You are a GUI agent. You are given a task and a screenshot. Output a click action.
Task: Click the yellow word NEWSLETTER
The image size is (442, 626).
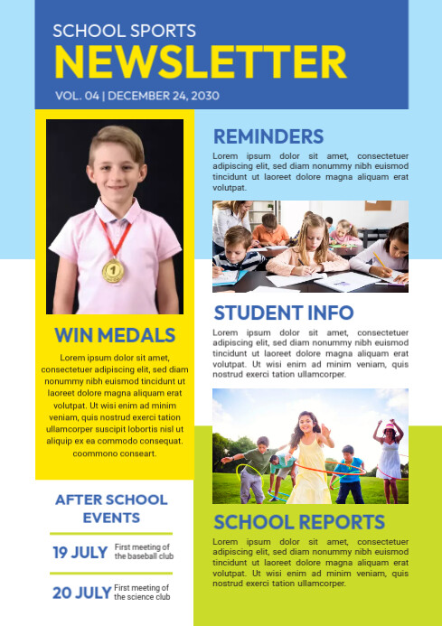(x=200, y=62)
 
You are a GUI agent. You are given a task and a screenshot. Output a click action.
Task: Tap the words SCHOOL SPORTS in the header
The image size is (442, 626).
(x=124, y=31)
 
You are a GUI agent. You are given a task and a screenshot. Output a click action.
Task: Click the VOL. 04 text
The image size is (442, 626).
(x=77, y=95)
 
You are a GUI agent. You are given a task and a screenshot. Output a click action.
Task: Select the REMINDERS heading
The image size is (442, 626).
(x=268, y=137)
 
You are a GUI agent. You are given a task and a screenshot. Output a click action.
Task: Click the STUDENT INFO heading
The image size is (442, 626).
(x=283, y=313)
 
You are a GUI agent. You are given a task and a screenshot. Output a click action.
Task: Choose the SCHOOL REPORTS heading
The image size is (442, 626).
(x=298, y=522)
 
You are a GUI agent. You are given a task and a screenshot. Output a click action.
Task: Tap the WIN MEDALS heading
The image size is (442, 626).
(x=115, y=335)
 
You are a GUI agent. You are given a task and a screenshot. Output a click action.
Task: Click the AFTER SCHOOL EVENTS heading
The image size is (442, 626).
(x=111, y=509)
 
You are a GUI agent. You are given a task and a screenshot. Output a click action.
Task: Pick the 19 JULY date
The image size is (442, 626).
(x=80, y=552)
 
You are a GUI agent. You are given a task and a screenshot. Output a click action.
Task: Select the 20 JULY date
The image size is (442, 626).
(x=81, y=593)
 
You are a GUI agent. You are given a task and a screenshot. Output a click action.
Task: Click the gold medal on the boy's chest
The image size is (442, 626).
(x=113, y=270)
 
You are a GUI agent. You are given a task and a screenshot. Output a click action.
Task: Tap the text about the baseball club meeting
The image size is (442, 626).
(x=144, y=552)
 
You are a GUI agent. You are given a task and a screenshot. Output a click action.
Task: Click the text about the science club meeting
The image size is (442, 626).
(x=142, y=593)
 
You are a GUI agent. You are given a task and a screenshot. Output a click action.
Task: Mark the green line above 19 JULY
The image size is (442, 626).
(x=110, y=534)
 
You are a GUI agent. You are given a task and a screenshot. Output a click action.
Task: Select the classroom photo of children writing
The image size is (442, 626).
(x=310, y=246)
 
